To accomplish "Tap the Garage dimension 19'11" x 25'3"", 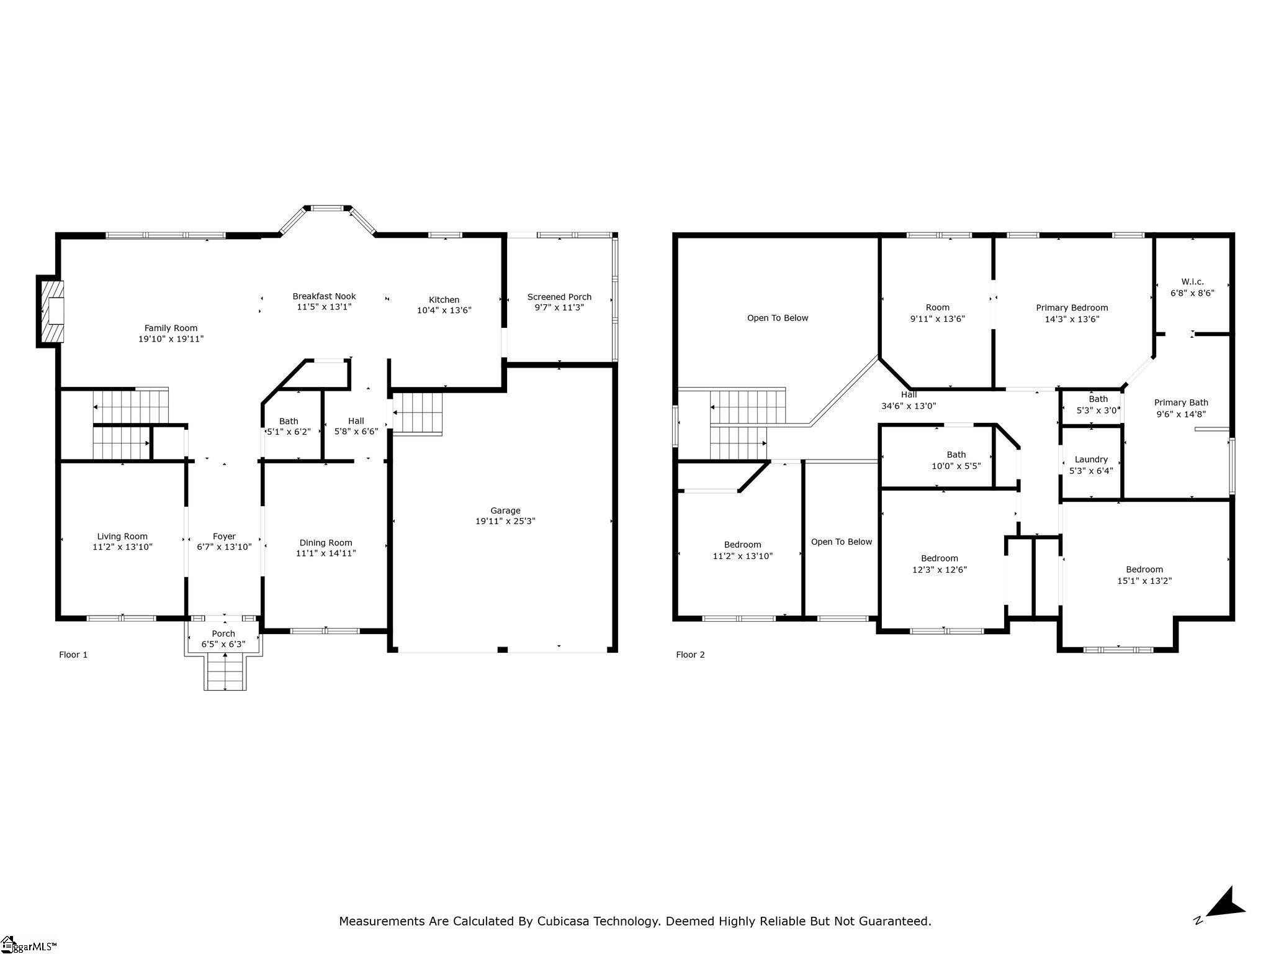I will [505, 521].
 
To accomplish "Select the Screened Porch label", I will [559, 297].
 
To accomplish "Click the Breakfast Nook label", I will [324, 296].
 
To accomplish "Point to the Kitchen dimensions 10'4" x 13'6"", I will [444, 311].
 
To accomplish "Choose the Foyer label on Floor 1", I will [224, 537].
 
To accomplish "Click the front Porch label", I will [223, 634].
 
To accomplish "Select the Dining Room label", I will [325, 543].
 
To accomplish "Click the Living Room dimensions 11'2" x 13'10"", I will [122, 547].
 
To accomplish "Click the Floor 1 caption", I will [73, 655].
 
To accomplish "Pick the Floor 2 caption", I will [690, 655].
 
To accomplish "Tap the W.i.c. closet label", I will [1192, 282].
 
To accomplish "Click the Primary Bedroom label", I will [1072, 308].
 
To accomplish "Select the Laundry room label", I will [1090, 460].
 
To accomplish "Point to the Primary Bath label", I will [1180, 402].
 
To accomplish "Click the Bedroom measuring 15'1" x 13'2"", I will [1144, 575].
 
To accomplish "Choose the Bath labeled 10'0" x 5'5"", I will [956, 460].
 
